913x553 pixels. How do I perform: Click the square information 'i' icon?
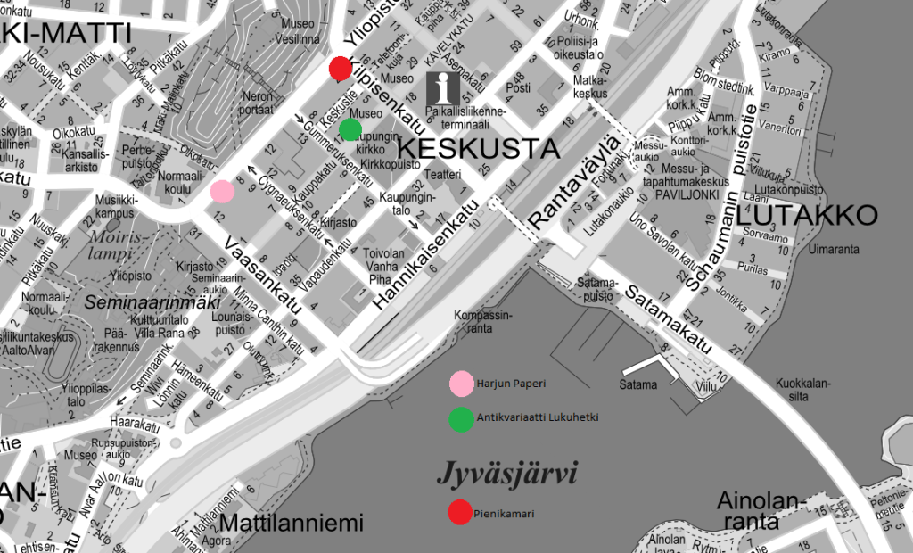click(x=444, y=87)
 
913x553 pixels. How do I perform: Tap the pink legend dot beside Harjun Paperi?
click(x=462, y=384)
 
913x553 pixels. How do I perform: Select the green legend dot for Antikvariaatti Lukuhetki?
click(x=462, y=419)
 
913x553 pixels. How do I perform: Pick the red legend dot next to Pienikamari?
click(x=460, y=513)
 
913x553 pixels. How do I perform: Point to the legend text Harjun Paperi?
click(x=511, y=384)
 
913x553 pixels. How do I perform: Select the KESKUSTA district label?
click(x=477, y=148)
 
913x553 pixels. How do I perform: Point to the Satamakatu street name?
click(x=668, y=318)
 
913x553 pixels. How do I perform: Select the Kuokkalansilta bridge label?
click(x=803, y=388)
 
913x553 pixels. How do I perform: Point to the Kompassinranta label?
click(x=484, y=321)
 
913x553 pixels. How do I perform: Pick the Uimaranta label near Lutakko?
click(x=833, y=249)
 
